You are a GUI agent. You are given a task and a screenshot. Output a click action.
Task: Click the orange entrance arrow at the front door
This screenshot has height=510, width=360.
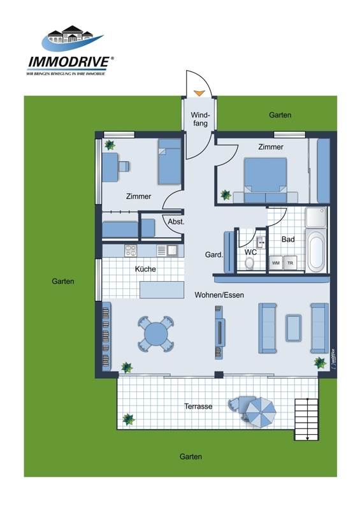(x=199, y=93)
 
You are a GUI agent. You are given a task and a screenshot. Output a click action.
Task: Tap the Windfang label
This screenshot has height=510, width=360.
(x=200, y=119)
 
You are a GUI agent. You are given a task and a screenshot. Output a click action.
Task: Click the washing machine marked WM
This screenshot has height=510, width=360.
(x=276, y=263)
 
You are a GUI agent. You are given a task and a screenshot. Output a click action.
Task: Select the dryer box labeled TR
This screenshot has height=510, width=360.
(x=290, y=263)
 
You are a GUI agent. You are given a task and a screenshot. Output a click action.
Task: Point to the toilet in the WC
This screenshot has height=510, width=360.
(x=249, y=263)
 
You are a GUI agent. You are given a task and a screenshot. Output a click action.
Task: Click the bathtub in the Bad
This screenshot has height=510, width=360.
(x=316, y=251)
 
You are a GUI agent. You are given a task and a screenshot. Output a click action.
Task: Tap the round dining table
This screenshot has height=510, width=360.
(x=156, y=333)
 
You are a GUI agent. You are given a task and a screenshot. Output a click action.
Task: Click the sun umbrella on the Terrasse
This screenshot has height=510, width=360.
(x=261, y=412)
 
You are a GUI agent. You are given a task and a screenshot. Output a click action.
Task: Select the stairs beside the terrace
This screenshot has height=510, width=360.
(x=306, y=419)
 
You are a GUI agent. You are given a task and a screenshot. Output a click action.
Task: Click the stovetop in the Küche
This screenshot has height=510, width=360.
(x=131, y=251)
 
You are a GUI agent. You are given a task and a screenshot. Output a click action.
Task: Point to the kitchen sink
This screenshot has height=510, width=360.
(x=171, y=251)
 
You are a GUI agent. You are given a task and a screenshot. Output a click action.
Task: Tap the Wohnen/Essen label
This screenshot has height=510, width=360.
(x=219, y=295)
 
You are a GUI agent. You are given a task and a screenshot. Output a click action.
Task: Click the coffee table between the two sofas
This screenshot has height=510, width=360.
(x=293, y=328)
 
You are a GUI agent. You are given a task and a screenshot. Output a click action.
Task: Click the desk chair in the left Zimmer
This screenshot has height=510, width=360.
(x=124, y=166)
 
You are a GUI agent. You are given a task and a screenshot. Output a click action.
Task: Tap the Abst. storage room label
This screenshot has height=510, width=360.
(x=176, y=222)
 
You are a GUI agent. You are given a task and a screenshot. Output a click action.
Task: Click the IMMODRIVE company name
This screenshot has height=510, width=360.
(x=69, y=62)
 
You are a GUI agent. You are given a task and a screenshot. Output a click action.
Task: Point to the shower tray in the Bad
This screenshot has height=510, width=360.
(x=315, y=217)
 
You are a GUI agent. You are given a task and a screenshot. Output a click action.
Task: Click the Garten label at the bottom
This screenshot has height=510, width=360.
(x=191, y=456)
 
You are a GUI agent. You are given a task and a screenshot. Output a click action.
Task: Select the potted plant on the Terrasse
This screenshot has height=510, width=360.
(x=129, y=419)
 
